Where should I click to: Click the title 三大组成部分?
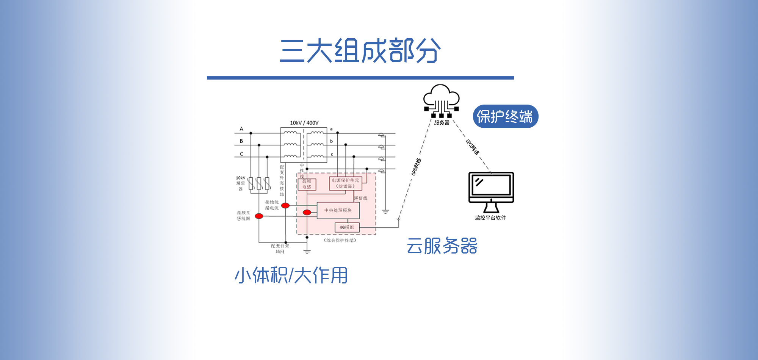[360, 50]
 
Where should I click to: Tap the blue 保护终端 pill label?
[505, 116]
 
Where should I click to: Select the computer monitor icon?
[491, 191]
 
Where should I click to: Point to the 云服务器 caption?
[442, 246]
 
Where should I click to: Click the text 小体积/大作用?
[291, 275]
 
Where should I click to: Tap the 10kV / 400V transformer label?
[304, 123]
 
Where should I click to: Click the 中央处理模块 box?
[338, 210]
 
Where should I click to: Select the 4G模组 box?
[347, 227]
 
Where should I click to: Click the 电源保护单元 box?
[345, 183]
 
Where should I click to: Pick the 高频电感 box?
[307, 184]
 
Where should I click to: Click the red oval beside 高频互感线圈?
[259, 216]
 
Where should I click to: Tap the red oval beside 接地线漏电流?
[285, 205]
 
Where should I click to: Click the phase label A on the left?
[241, 129]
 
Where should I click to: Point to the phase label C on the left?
[241, 154]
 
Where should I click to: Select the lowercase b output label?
[331, 141]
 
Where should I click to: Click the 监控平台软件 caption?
[490, 218]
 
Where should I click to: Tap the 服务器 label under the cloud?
[442, 122]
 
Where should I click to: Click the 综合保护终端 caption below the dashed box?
[340, 240]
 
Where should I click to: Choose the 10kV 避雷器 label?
[241, 183]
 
